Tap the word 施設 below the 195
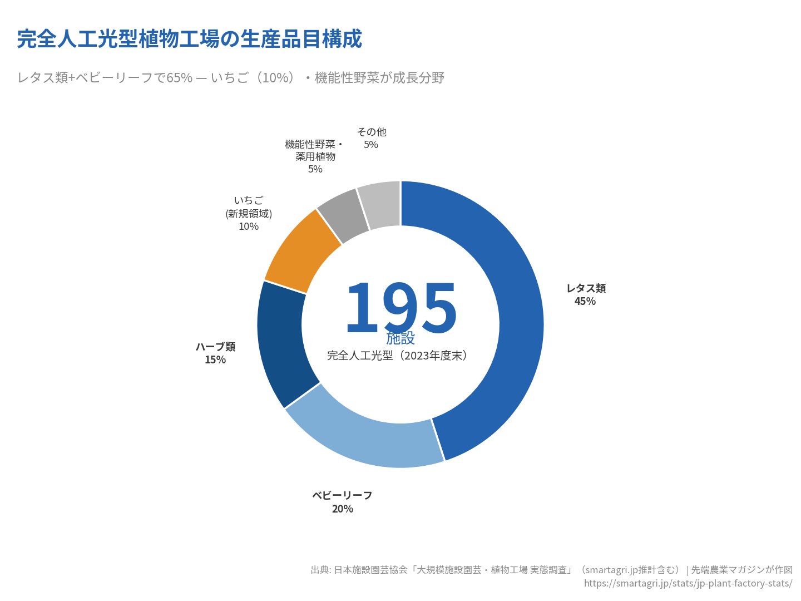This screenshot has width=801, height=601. click(400, 338)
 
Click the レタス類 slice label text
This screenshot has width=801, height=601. click(586, 288)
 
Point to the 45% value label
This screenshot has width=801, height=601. click(585, 302)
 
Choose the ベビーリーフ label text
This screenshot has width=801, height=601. click(342, 495)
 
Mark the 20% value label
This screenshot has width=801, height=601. click(343, 509)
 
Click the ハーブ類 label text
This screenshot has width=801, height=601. click(215, 347)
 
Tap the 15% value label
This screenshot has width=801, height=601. click(215, 360)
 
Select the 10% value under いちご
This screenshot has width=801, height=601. click(249, 226)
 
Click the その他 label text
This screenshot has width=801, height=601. click(372, 132)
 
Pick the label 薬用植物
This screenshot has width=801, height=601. click(315, 157)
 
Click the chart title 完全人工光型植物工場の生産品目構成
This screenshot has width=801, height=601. click(190, 39)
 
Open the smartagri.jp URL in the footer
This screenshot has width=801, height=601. click(688, 583)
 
